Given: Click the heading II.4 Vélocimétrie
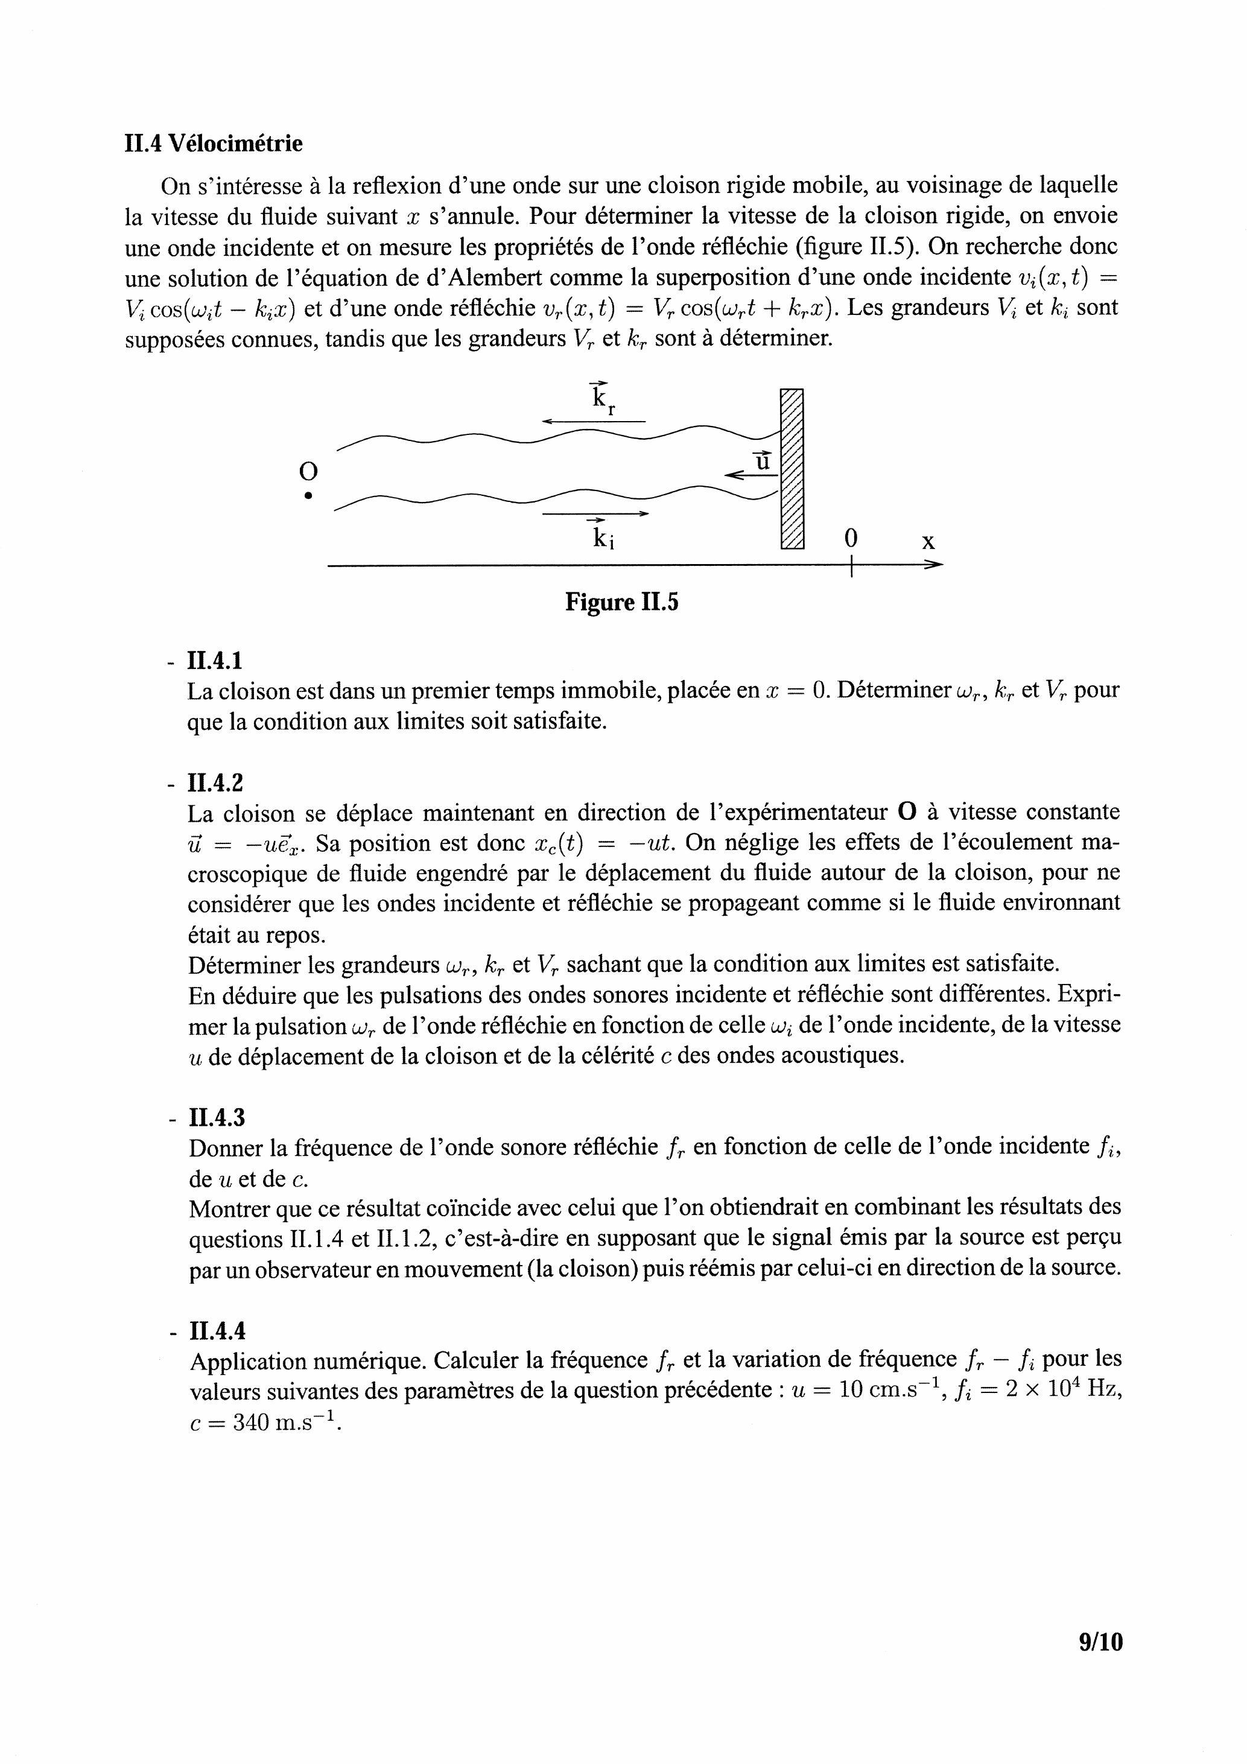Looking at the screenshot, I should [x=213, y=144].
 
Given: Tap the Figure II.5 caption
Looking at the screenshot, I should [x=621, y=601].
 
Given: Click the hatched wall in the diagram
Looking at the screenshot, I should [x=792, y=469].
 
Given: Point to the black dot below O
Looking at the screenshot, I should [x=308, y=495].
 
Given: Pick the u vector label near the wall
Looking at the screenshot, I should [x=761, y=461].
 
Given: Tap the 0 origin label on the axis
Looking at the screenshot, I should [x=851, y=539].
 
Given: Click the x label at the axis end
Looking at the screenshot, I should [x=928, y=542].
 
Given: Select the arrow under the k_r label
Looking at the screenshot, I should [x=593, y=421].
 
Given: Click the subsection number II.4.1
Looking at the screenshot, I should [x=215, y=661].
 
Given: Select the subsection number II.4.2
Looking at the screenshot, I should [x=215, y=783].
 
